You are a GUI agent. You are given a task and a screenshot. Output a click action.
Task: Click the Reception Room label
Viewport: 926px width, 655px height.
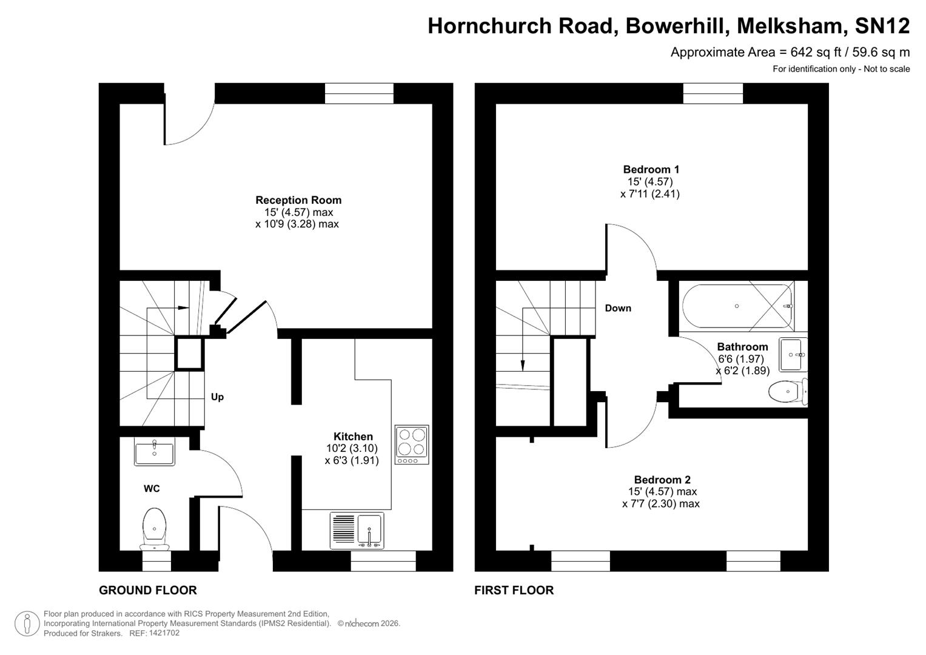coord(298,200)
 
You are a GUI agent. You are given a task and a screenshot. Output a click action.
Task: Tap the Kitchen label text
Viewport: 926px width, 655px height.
coord(353,437)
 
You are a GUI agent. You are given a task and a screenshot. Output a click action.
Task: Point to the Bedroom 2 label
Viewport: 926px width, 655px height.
coord(662,480)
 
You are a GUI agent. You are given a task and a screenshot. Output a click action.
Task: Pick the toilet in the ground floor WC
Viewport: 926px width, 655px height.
coord(155,527)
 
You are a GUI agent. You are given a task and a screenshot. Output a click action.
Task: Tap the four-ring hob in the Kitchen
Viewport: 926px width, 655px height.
coord(412,445)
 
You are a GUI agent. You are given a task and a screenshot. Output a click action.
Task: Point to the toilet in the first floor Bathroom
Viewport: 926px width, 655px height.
coord(787,392)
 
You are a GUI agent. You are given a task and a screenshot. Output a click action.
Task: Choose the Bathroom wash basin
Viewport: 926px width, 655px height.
coord(793,355)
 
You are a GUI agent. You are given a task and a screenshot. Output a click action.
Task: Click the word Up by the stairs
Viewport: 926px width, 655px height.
coord(217,397)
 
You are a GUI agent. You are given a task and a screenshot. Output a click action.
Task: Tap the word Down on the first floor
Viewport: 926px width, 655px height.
coord(618,308)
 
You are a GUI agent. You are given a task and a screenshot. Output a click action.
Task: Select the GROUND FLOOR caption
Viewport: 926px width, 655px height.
coord(147,590)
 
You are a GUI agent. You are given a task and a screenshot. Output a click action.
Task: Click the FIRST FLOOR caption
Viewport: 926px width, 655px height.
coord(514,590)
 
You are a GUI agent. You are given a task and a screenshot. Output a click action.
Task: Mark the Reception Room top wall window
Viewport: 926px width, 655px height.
coord(359,93)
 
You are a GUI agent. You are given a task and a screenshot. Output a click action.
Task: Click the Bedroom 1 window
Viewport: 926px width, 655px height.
coord(713,93)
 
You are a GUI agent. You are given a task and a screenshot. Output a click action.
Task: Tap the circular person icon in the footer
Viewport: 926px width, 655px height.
coord(27,624)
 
